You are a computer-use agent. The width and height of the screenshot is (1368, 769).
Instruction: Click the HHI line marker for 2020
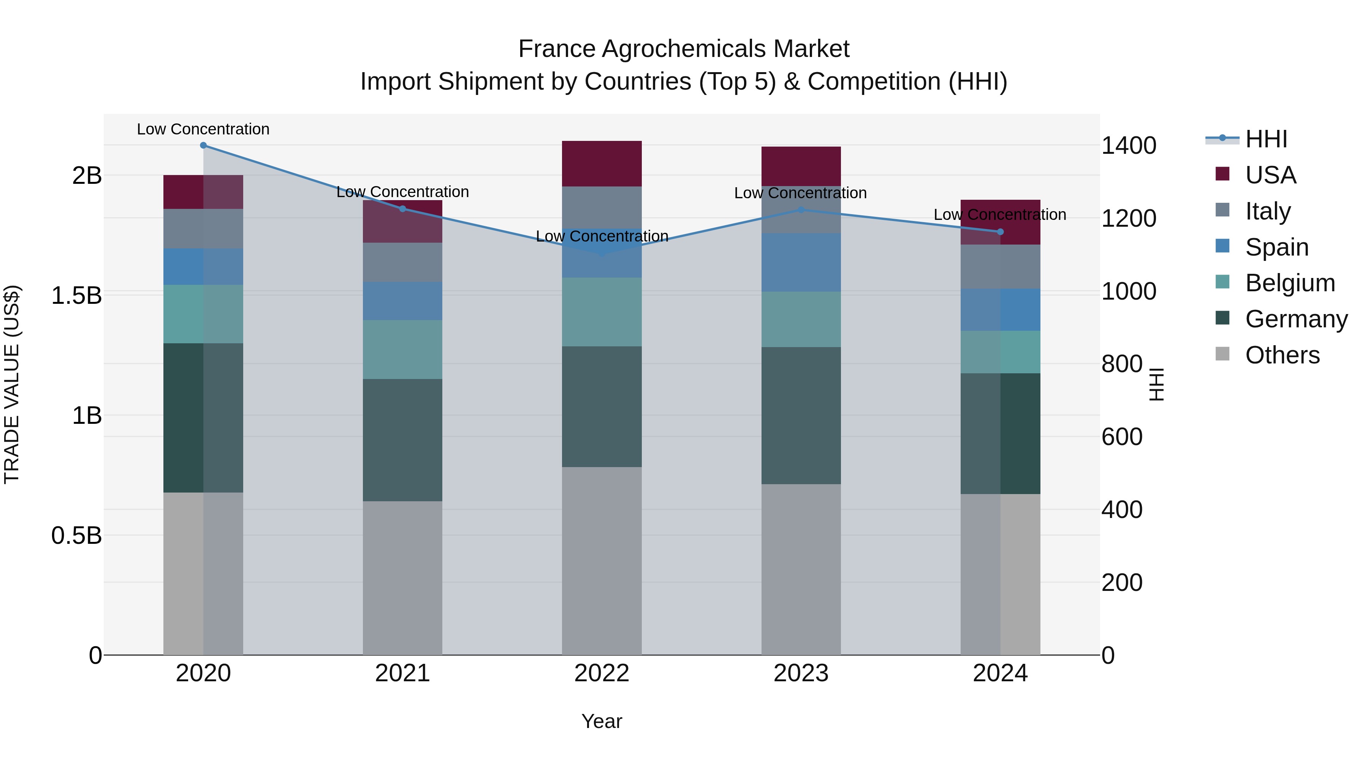click(x=203, y=145)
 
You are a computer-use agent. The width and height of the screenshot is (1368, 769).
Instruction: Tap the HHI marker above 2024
click(x=1001, y=232)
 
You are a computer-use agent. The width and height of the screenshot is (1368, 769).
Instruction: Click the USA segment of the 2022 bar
click(x=602, y=163)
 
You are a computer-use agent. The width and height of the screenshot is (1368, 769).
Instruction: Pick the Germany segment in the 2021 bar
click(x=402, y=440)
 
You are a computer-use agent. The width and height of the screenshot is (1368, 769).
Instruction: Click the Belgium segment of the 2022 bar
click(x=602, y=312)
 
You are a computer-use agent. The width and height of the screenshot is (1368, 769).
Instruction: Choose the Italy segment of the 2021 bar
click(x=402, y=262)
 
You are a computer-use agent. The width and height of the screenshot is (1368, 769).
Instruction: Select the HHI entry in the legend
click(x=1266, y=139)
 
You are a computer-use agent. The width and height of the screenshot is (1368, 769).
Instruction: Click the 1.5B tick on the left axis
click(x=76, y=295)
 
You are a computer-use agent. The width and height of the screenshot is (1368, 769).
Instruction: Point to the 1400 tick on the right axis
click(x=1129, y=145)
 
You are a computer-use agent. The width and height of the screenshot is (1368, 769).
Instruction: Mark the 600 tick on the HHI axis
click(x=1122, y=437)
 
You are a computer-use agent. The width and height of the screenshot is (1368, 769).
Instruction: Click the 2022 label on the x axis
click(x=602, y=673)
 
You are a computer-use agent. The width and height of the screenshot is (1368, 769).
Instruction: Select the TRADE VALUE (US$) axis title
click(x=12, y=384)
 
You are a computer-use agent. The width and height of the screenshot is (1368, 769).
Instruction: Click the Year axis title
click(x=602, y=721)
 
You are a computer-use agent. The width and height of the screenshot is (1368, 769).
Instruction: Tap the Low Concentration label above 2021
click(x=402, y=192)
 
